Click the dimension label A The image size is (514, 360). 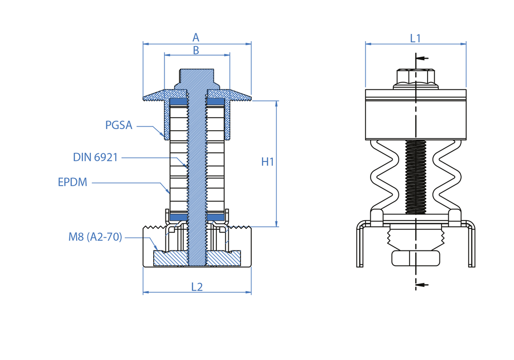[196, 38]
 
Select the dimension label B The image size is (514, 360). [196, 50]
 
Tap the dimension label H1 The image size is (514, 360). [268, 162]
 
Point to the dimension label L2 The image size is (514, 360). [197, 287]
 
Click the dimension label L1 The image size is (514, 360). [415, 38]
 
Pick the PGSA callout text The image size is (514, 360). [119, 125]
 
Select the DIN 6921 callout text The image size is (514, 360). [96, 157]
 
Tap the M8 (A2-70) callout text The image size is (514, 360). [96, 237]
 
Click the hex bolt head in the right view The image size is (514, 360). [415, 78]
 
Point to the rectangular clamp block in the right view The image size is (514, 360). [415, 114]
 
